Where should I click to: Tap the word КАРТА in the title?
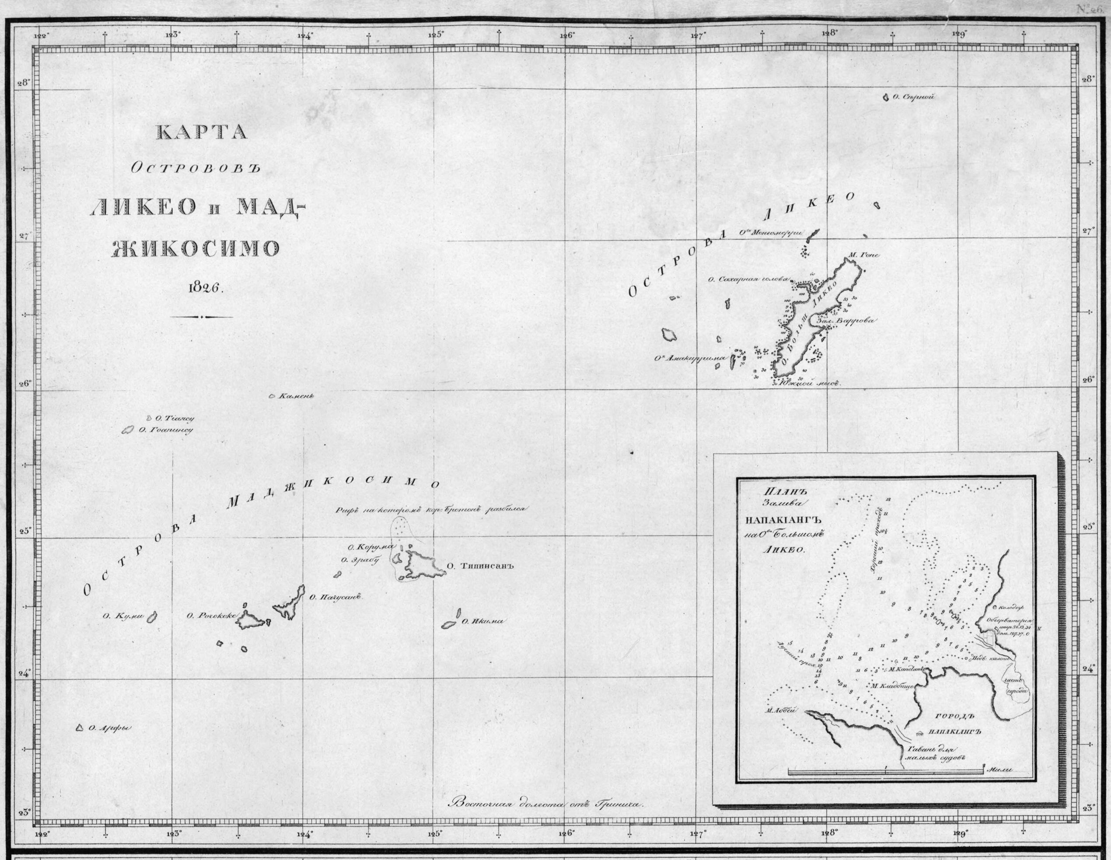[x=202, y=132]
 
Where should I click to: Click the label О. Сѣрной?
[x=914, y=97]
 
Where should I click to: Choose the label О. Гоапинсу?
[x=165, y=430]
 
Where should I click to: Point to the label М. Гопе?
[x=868, y=255]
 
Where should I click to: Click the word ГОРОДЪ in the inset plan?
[x=954, y=717]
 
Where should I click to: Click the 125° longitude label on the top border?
[x=436, y=35]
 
